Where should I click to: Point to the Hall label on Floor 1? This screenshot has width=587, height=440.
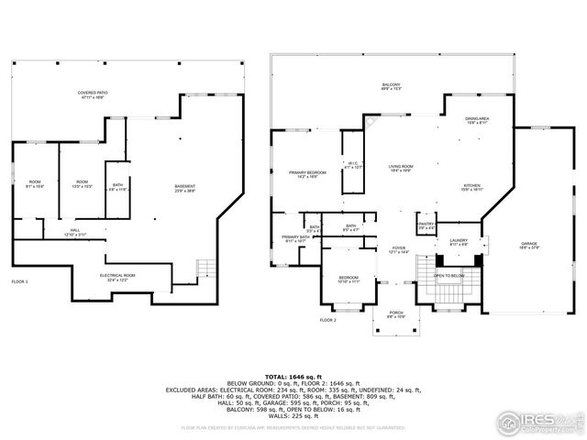tap(80, 232)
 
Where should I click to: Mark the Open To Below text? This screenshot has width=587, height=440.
tap(449, 276)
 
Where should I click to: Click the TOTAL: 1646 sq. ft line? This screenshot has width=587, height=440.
tap(293, 377)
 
